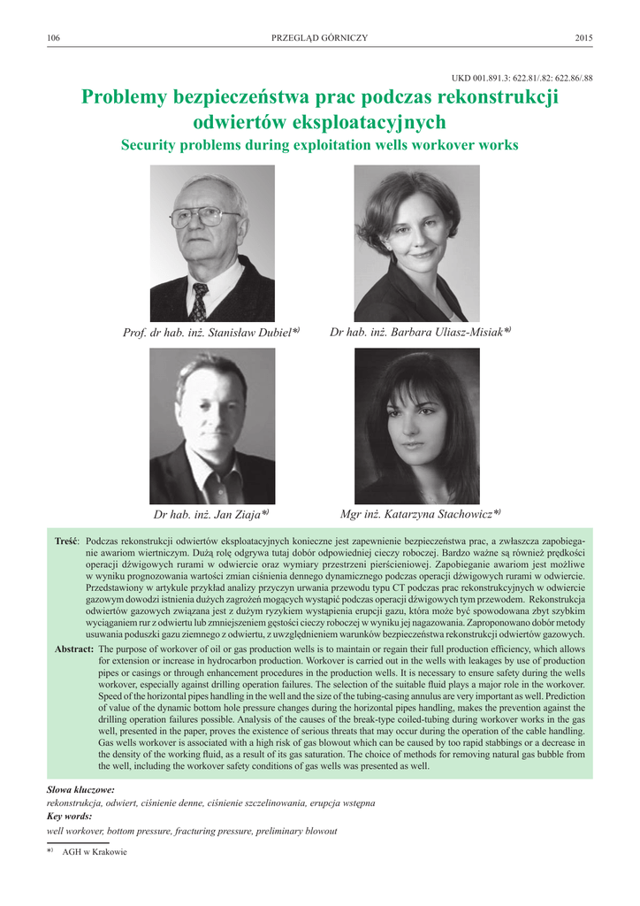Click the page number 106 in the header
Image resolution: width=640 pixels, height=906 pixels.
[x=53, y=37]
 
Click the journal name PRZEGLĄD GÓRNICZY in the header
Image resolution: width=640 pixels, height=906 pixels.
[x=319, y=37]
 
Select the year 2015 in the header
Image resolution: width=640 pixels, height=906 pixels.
[x=583, y=37]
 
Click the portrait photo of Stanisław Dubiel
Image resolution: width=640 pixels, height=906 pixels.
[x=212, y=243]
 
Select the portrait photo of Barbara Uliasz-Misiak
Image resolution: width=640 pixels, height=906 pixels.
[x=417, y=243]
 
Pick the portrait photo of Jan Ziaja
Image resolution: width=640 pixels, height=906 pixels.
[x=212, y=426]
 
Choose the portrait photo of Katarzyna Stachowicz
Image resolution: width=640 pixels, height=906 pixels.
[x=417, y=426]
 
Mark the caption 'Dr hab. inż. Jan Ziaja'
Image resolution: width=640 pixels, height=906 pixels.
[x=210, y=514]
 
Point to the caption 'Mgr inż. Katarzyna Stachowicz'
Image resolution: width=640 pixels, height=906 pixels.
[x=420, y=513]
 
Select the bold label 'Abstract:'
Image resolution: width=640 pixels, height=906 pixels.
[x=74, y=649]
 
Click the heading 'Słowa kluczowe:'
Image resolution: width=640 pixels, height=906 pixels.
[x=80, y=788]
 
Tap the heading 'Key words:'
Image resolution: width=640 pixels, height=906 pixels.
[x=69, y=817]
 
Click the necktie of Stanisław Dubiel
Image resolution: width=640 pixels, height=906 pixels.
[x=200, y=303]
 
